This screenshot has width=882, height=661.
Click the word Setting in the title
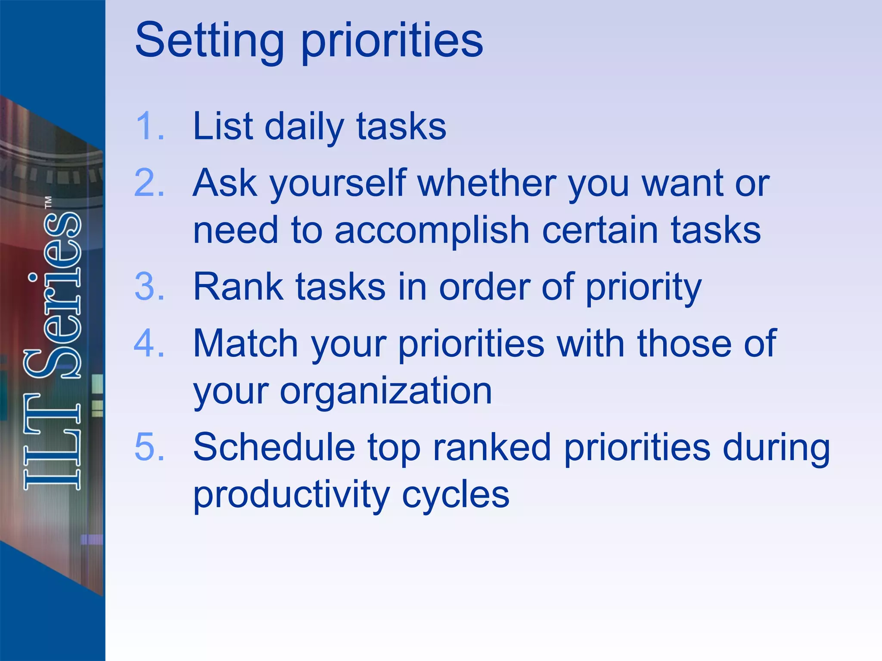pos(210,40)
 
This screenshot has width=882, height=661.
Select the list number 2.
pos(149,183)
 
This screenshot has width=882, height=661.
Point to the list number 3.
pos(149,287)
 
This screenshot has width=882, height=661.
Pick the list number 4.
pos(149,343)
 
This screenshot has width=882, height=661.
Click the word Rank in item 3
pos(238,287)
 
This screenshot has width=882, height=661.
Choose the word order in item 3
pos(484,287)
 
